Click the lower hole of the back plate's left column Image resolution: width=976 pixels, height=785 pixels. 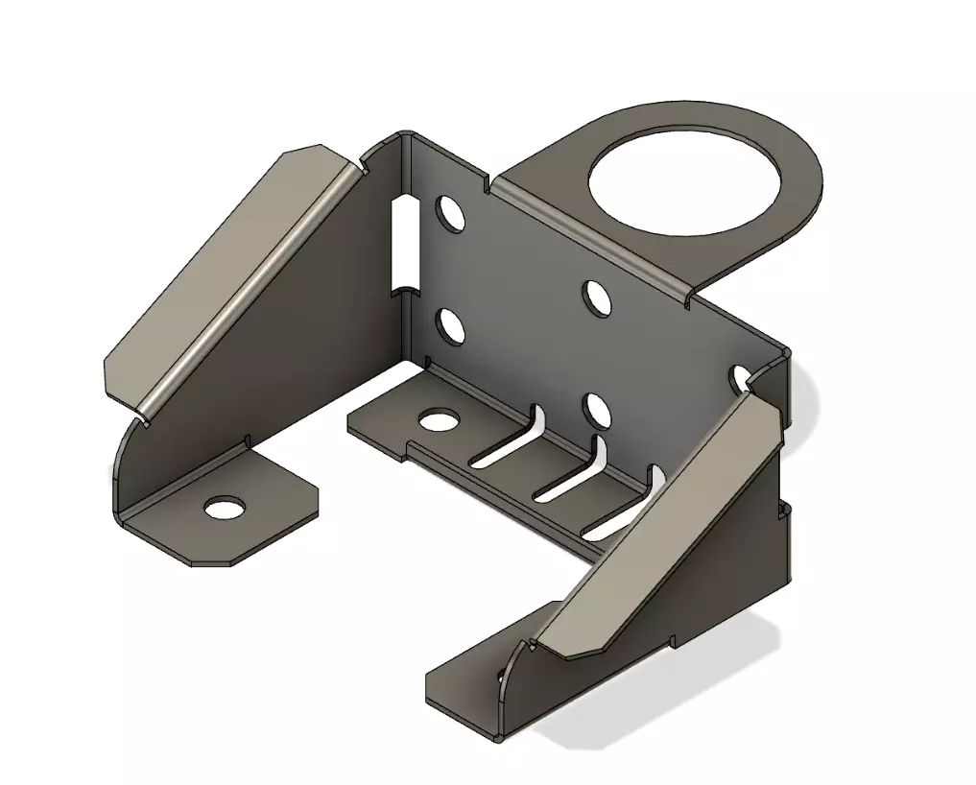pyautogui.click(x=449, y=326)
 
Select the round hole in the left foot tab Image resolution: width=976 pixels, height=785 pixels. pyautogui.click(x=225, y=507)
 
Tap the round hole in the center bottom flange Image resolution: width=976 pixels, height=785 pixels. pyautogui.click(x=439, y=419)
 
